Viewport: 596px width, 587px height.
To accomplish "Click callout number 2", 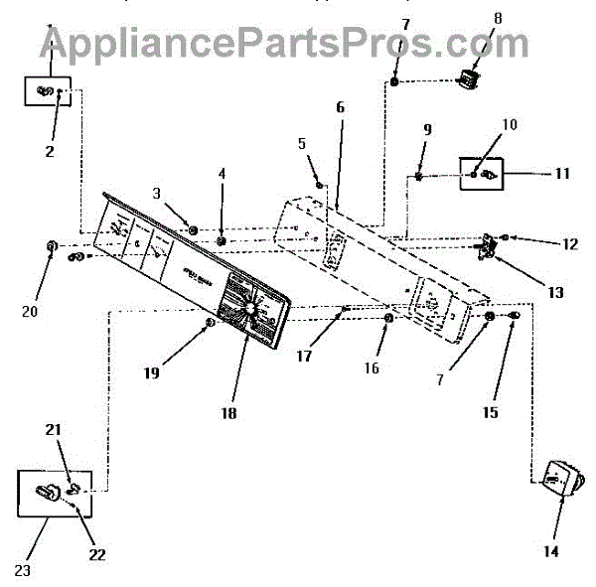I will tap(49, 152).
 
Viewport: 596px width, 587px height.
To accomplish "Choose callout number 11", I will tap(562, 173).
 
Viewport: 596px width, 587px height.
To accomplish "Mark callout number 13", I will tap(555, 293).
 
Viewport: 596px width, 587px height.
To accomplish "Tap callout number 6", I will tap(340, 106).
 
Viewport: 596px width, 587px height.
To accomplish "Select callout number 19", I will tap(150, 373).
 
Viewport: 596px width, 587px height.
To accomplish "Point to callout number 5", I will tap(301, 142).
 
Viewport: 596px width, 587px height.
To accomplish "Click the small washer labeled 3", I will tap(193, 230).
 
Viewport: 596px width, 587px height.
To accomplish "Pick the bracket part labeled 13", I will tap(489, 246).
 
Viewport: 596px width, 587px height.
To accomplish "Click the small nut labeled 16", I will tap(388, 318).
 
